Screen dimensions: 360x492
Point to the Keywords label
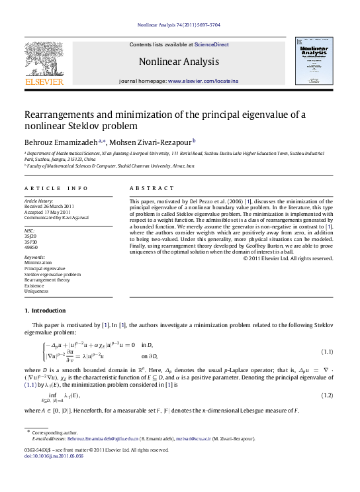point(35,256)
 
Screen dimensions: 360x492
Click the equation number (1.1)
point(326,350)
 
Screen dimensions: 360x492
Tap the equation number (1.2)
point(326,395)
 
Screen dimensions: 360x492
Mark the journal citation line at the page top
point(179,25)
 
